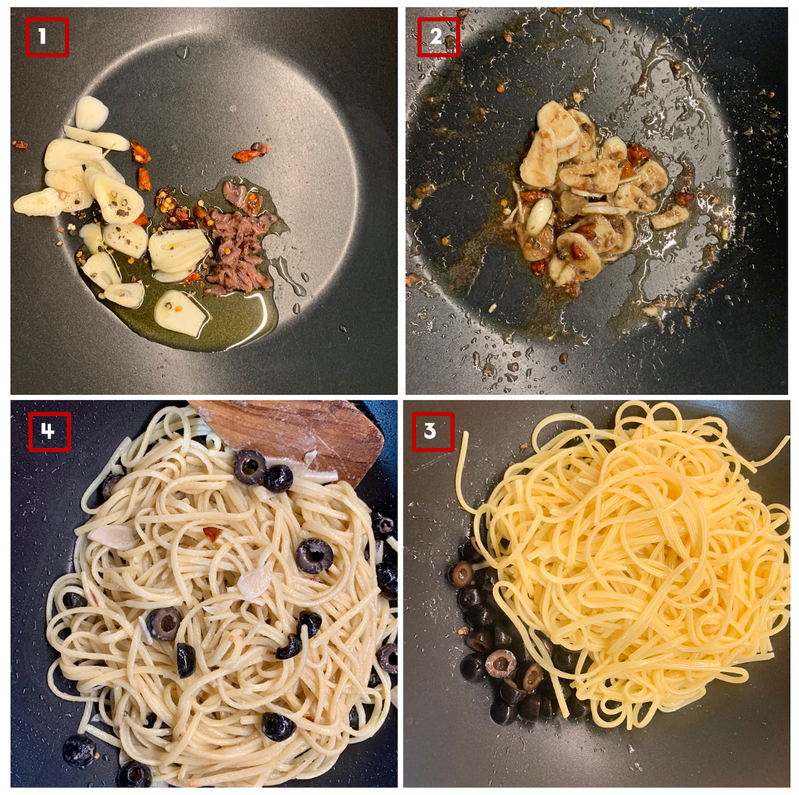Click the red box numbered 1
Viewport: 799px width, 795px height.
pos(47,37)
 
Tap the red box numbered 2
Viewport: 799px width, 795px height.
pos(438,37)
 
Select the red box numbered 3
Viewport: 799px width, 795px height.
pos(433,431)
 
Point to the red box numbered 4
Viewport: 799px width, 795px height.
pos(49,431)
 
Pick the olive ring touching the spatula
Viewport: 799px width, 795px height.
pos(250,467)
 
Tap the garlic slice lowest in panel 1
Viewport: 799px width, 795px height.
pos(181,313)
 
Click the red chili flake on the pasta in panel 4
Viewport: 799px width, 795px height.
pos(213,534)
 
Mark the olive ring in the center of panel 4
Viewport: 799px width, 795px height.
pos(315,556)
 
